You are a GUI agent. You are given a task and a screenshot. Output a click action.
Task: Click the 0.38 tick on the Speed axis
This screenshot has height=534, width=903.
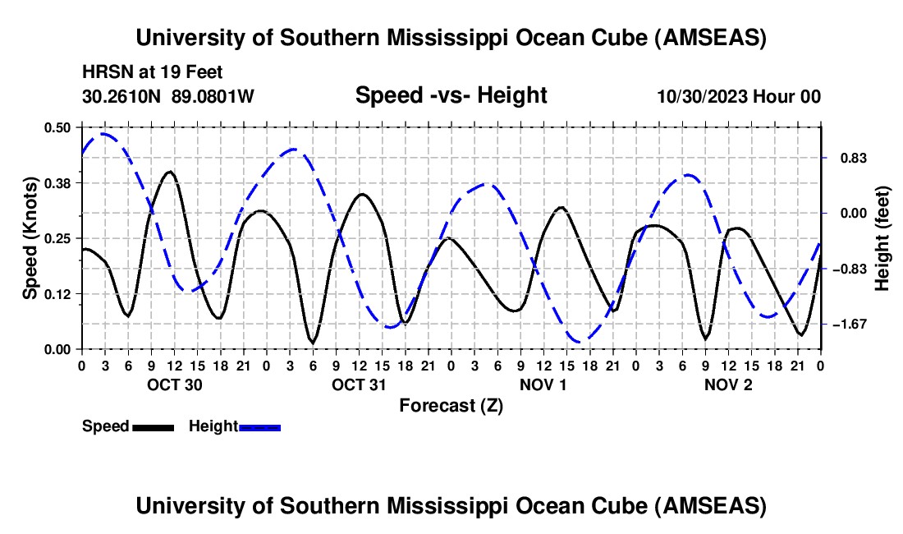pos(59,182)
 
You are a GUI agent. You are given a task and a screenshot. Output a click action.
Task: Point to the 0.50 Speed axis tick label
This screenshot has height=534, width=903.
pos(59,127)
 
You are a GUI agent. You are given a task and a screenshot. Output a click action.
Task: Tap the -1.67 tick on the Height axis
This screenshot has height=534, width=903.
pos(848,325)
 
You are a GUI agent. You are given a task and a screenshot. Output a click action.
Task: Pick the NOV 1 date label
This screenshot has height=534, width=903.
pos(543,384)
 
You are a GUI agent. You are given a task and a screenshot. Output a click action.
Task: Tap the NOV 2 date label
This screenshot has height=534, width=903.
pos(727,384)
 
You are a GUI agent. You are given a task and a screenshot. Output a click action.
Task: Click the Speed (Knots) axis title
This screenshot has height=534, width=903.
pos(30,238)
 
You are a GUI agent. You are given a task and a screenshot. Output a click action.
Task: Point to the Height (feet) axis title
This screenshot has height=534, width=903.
pos(882,238)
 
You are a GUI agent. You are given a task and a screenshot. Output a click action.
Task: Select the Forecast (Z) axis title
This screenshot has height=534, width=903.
pos(451,405)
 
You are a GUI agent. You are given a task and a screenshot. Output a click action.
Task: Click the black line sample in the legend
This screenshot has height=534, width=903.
pos(153,426)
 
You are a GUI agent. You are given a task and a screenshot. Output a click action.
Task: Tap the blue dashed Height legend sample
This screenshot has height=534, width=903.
pos(260,426)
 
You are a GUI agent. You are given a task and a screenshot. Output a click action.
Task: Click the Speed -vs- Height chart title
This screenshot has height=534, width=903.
pos(451,96)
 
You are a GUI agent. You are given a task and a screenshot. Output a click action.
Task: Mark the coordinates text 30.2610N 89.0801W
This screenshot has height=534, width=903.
pos(168,97)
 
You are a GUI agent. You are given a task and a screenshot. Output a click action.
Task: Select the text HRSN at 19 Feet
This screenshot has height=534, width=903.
pos(152,73)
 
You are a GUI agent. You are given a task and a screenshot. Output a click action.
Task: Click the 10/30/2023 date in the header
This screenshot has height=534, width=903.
pos(701,97)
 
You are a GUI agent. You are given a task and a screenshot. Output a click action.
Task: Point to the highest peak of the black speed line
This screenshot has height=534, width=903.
pos(169,172)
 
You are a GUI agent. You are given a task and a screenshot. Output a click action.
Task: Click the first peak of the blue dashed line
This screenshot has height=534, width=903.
pos(104,133)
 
